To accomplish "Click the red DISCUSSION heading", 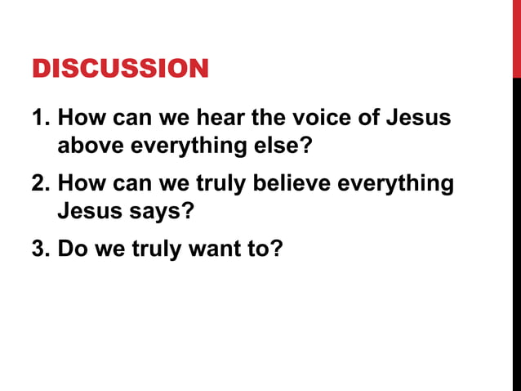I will (x=120, y=68).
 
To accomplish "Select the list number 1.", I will (x=39, y=117).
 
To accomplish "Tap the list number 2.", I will (x=39, y=182).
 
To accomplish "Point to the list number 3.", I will (x=39, y=246).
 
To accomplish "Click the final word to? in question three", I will (x=265, y=246).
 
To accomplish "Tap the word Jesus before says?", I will (x=91, y=213).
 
